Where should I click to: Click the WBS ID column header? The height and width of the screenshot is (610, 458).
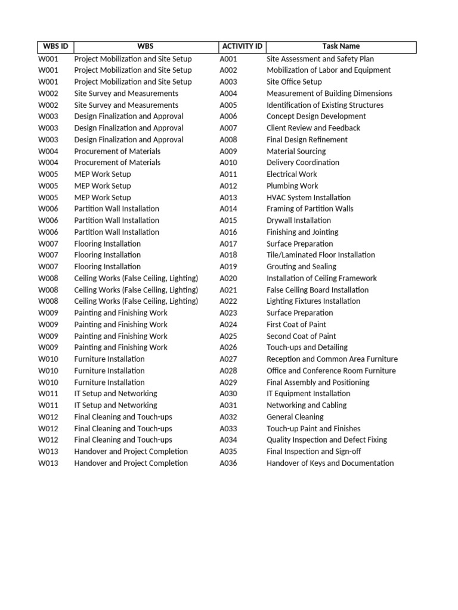tap(55, 46)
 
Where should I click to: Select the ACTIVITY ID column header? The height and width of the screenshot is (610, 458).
tap(242, 46)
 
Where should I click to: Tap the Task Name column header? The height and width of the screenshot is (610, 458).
tap(341, 46)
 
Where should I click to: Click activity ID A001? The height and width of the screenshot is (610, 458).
tap(228, 59)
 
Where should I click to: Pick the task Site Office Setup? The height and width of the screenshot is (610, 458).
tap(294, 82)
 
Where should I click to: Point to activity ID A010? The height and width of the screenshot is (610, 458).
tap(228, 163)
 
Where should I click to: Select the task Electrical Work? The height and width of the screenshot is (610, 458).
tap(292, 174)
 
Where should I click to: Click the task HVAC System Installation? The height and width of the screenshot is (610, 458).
tap(308, 197)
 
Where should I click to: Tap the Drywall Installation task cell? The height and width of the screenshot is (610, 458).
tap(299, 220)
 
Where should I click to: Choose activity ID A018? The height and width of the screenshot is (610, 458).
tap(228, 255)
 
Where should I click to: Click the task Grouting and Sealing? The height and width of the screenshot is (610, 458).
tap(301, 266)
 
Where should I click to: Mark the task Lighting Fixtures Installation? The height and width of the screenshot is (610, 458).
tap(313, 301)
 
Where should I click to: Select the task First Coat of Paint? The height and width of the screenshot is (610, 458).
tap(296, 325)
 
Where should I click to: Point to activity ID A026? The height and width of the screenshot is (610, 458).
tap(228, 347)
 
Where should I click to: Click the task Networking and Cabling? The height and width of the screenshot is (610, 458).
tap(307, 405)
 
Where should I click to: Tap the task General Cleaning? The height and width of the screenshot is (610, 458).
tap(295, 417)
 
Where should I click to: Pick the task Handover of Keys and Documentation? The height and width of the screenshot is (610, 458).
tap(330, 463)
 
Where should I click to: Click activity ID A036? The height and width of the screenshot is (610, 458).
tap(228, 463)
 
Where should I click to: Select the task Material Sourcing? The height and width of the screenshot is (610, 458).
tap(296, 151)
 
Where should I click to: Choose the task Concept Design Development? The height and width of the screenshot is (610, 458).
tap(316, 116)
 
